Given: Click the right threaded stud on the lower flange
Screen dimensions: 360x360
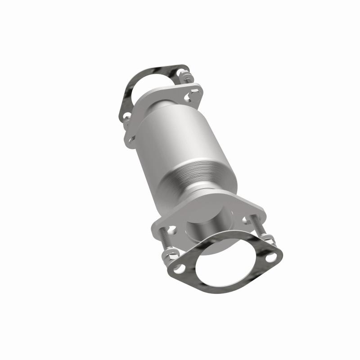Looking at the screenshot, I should (x=259, y=228).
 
